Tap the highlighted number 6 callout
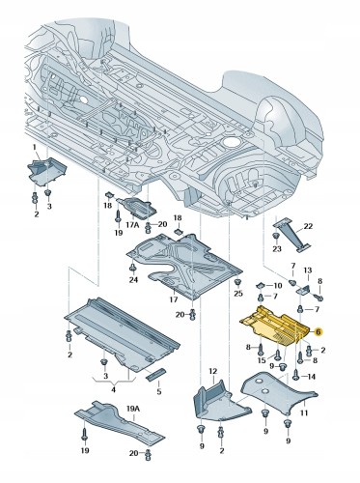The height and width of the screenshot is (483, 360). coord(318,330)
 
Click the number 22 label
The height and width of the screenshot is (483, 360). coord(309,225)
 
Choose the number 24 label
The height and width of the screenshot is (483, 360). coord(134,280)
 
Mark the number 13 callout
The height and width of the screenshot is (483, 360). coord(308,272)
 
